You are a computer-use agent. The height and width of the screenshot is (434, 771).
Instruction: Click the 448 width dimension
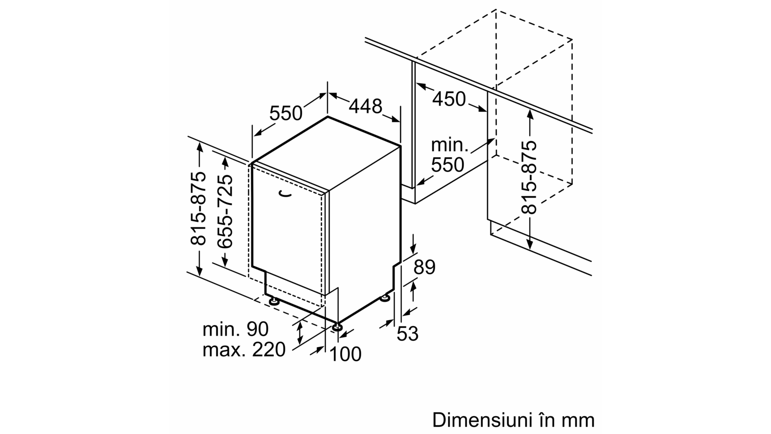pos(365,106)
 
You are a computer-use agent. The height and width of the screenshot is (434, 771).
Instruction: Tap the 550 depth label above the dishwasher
pos(285,113)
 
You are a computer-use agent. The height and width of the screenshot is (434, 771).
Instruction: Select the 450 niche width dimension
pos(449,99)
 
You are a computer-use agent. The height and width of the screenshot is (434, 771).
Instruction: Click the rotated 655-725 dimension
pos(225,211)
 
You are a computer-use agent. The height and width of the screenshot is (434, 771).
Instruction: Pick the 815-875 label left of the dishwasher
pos(198,208)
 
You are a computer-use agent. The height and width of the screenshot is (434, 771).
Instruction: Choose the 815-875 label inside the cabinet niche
pos(529,177)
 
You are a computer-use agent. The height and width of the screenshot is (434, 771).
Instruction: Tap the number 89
pos(424,267)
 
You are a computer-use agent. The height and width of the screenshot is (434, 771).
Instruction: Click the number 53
pos(408,334)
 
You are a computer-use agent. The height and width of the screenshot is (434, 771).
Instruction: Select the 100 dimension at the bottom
pos(346,354)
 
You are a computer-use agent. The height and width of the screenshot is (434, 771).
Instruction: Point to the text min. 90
pos(235,329)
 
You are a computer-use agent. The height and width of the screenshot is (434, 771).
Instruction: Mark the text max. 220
pos(244,350)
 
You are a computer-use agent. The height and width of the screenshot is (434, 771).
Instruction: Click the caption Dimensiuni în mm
pos(513,420)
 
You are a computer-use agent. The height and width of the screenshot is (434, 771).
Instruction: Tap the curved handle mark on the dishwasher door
pos(285,193)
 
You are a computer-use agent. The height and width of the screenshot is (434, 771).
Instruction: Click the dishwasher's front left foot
pos(274,301)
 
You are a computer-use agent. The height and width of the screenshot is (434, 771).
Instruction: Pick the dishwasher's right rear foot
pos(385,299)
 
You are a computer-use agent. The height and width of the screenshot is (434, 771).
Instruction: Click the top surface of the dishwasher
pos(326,154)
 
